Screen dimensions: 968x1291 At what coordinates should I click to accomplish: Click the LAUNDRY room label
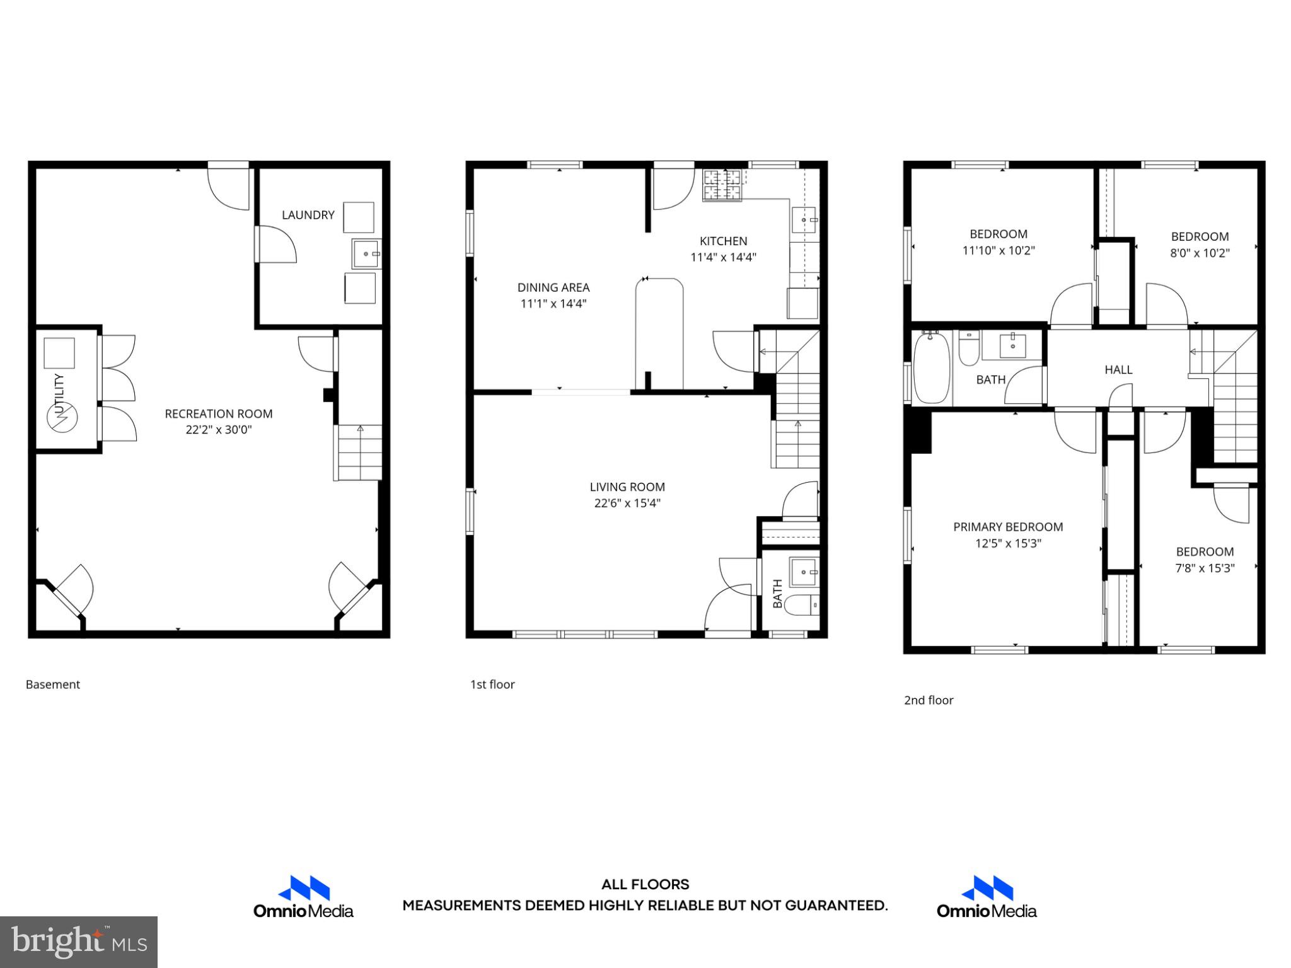[308, 215]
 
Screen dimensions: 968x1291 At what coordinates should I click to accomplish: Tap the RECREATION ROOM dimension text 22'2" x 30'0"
[218, 430]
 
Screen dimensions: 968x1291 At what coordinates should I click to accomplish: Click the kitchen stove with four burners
[722, 185]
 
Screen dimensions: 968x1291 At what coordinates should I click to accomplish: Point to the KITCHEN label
[723, 241]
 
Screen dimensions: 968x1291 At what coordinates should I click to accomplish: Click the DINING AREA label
[553, 287]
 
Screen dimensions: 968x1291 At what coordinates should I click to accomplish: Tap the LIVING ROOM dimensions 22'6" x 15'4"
[627, 503]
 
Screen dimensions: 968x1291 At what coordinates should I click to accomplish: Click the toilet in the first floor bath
[803, 605]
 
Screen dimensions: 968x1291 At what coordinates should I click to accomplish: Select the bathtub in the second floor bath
[931, 369]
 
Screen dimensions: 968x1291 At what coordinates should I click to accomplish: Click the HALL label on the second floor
[1118, 370]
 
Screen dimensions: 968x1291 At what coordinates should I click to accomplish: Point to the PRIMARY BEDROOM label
[1007, 527]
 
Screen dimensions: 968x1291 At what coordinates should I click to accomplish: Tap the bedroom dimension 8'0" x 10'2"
[1200, 253]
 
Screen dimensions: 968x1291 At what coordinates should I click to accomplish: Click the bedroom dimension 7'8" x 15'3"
[1204, 568]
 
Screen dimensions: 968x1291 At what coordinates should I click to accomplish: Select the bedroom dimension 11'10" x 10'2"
[998, 250]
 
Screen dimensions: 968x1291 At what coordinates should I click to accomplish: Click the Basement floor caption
[53, 684]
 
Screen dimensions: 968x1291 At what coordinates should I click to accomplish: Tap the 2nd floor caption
[928, 700]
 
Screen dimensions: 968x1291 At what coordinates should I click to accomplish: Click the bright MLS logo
[78, 942]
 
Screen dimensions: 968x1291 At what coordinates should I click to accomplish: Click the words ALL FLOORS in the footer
[645, 884]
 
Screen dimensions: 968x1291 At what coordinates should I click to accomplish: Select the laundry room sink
[366, 253]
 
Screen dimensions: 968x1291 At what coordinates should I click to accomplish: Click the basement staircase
[359, 452]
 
